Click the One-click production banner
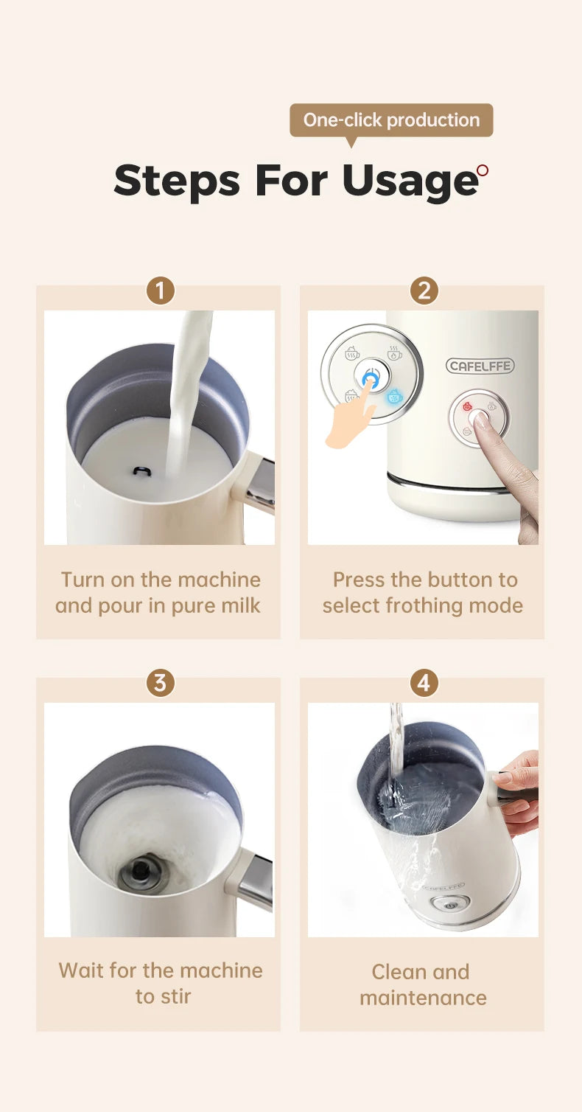pos(391,120)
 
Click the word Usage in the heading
pos(410,180)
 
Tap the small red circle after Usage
pos(483,170)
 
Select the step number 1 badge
pos(161,291)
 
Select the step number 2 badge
pos(424,291)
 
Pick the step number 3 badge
pos(161,683)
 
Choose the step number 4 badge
pos(424,683)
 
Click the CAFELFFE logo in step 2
pos(480,366)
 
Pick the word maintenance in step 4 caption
pos(423,998)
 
